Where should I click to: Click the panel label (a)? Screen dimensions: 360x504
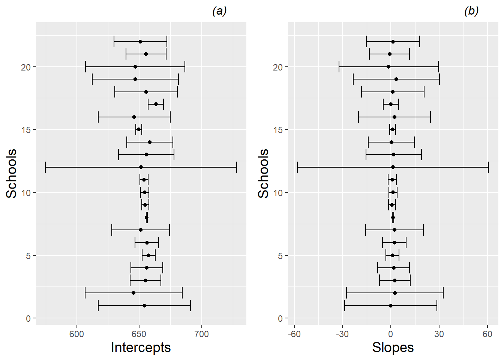[219, 11]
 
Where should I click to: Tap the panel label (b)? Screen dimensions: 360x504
[471, 11]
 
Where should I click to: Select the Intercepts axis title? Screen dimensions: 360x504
[141, 348]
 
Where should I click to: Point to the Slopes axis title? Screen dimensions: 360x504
[393, 348]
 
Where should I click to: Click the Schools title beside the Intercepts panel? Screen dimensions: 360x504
[12, 173]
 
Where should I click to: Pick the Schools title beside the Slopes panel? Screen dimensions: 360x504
[264, 173]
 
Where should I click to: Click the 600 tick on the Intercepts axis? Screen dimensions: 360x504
[76, 334]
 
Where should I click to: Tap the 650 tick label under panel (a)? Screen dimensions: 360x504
[139, 334]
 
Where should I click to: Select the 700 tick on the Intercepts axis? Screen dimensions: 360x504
[202, 334]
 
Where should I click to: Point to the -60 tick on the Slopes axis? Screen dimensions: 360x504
[294, 334]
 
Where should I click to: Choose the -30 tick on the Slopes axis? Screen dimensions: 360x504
[342, 334]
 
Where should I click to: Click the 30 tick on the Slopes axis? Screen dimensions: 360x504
[439, 334]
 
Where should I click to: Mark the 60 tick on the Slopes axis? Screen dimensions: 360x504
[487, 334]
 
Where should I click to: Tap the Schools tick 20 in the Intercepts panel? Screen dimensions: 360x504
[26, 67]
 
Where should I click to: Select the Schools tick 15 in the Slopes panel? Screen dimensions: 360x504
[278, 130]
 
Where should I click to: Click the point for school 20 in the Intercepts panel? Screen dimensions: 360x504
[135, 67]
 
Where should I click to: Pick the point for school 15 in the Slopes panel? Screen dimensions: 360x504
[393, 129]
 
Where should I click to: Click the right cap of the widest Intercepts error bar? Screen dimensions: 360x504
[237, 167]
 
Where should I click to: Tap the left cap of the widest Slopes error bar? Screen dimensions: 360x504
[297, 167]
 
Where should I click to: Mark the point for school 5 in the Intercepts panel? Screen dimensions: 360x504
[148, 255]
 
